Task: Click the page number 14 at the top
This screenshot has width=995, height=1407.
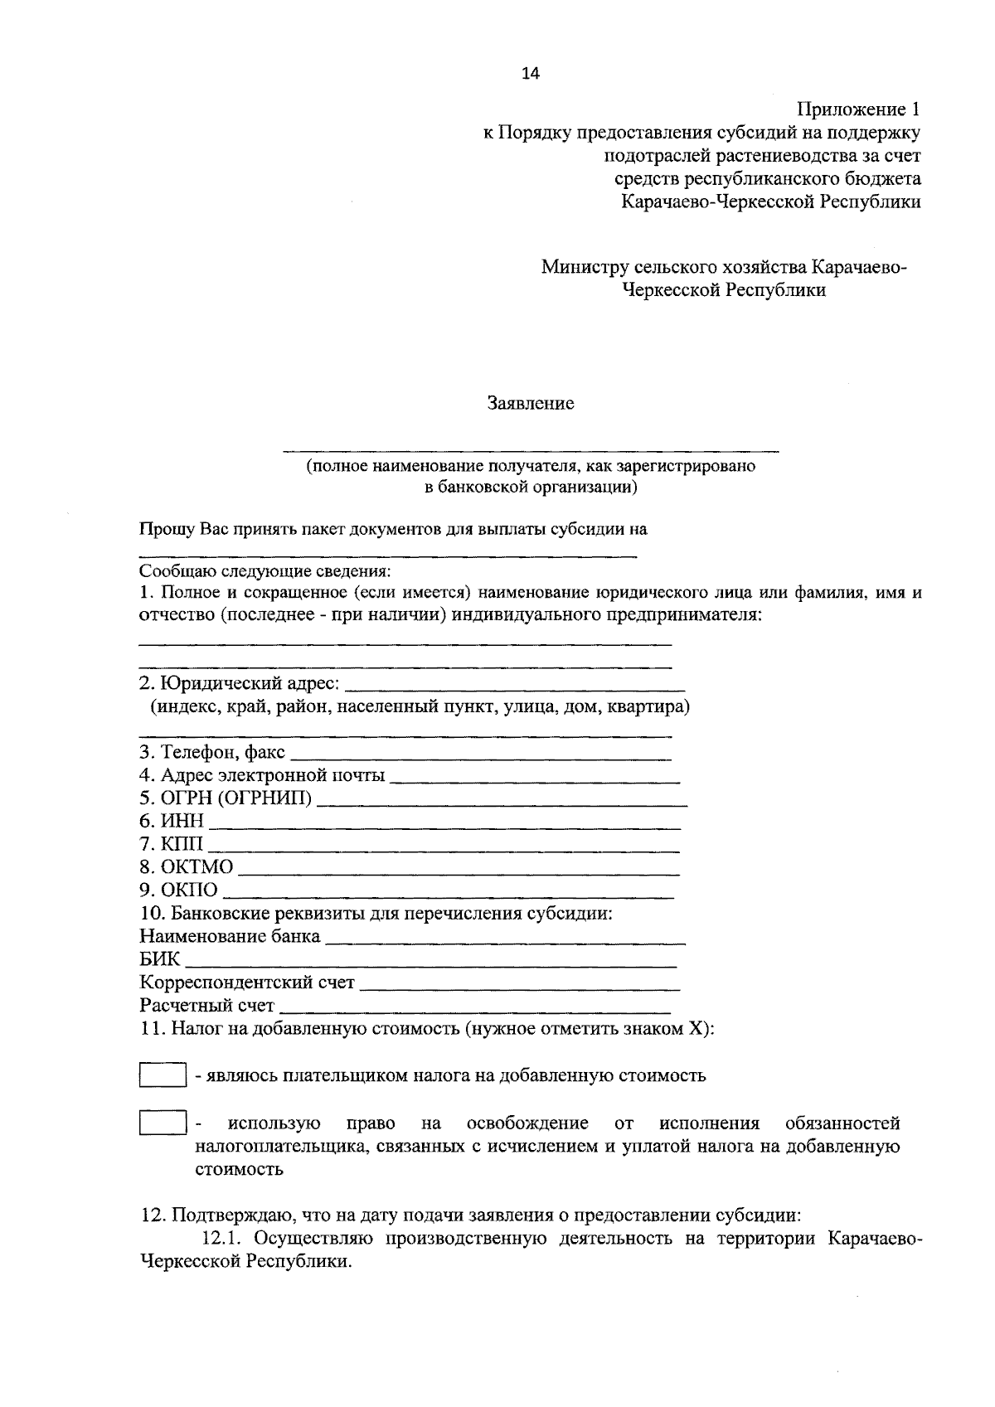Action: (530, 74)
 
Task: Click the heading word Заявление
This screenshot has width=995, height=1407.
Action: (531, 404)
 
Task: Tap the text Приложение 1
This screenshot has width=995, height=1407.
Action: (858, 109)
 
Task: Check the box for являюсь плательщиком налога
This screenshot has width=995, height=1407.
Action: (162, 1075)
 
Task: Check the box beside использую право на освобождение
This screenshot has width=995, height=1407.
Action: (162, 1123)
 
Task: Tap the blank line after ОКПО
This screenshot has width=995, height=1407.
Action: (449, 894)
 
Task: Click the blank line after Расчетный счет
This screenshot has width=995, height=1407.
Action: (475, 1010)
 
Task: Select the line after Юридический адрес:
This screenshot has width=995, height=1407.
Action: (514, 687)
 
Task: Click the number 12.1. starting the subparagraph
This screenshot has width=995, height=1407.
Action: (224, 1239)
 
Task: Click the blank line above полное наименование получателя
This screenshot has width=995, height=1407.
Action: (531, 449)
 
